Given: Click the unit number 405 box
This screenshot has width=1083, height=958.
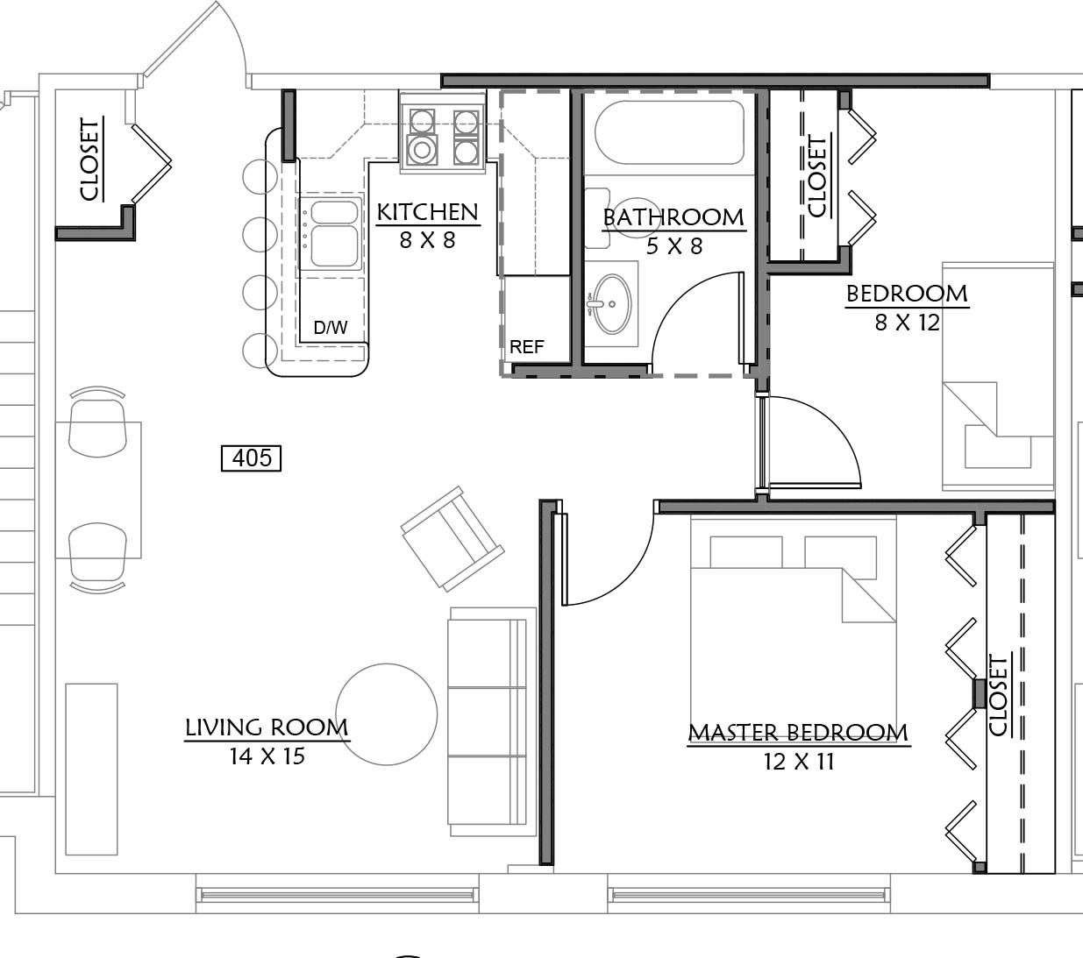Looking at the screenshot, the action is (252, 458).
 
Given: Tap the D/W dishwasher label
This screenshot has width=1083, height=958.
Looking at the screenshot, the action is (331, 328).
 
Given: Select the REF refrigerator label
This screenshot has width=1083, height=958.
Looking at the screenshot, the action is (526, 347).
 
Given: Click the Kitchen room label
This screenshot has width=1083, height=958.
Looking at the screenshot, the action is (428, 212).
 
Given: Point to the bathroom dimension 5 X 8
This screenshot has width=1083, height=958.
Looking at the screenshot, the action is (674, 246).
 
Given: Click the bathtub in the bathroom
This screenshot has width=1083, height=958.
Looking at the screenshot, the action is (669, 132).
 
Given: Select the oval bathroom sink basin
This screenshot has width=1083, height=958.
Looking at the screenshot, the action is (612, 304).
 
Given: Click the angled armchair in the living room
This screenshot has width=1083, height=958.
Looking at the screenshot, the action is (452, 538).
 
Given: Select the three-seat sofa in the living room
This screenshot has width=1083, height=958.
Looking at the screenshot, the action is (492, 722).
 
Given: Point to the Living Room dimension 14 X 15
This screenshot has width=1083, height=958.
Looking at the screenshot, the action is (267, 756).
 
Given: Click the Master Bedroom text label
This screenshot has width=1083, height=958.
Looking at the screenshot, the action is (798, 733).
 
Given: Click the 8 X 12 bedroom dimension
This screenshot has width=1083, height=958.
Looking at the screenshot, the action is (907, 323).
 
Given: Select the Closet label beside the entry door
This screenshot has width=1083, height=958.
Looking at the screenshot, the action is (90, 160).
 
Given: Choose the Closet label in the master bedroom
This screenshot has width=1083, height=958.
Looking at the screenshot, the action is (997, 695).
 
